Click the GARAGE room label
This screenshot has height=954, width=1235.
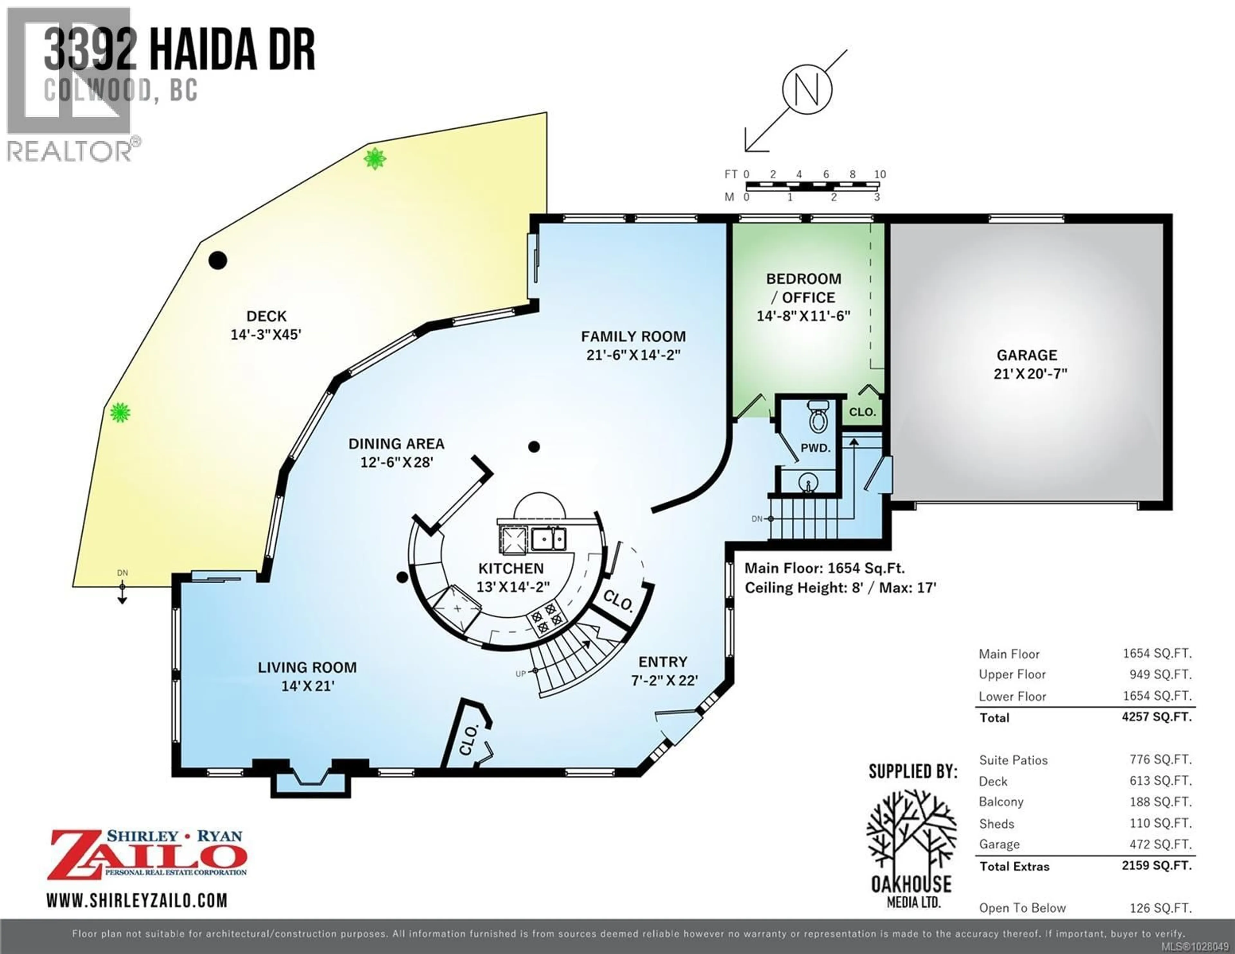(1026, 355)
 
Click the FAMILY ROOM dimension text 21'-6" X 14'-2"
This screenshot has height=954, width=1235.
(633, 355)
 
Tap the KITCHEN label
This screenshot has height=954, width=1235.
(511, 568)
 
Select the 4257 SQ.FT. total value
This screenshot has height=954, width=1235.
(1157, 717)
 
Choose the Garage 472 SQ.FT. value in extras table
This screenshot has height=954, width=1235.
(1160, 844)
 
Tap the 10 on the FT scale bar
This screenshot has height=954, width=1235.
(880, 174)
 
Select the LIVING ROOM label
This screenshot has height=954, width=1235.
(307, 667)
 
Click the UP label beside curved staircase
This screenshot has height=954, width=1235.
(521, 674)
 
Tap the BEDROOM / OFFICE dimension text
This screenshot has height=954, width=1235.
(803, 315)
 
